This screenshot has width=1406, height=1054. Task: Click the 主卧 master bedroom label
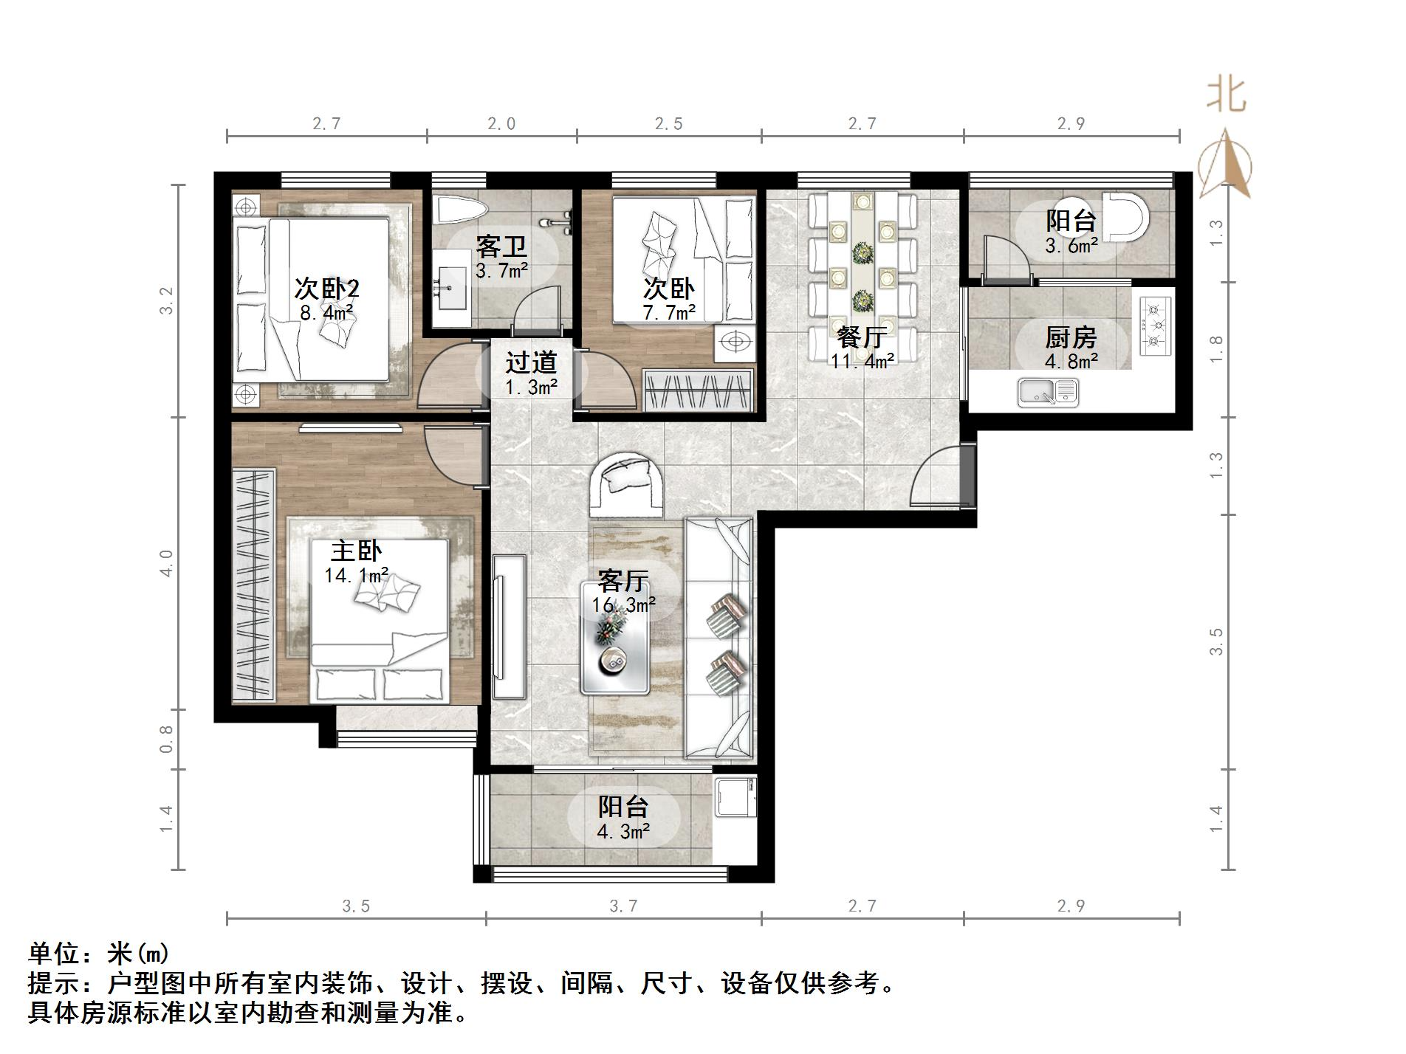click(356, 551)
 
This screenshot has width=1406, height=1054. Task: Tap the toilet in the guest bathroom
click(459, 210)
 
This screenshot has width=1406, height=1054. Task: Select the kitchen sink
click(1048, 392)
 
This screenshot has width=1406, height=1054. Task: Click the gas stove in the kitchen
click(1156, 325)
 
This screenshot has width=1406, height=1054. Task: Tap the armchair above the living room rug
click(626, 485)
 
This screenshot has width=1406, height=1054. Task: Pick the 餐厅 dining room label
click(862, 338)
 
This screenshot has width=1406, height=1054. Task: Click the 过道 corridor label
click(531, 362)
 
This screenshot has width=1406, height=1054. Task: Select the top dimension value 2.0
click(501, 123)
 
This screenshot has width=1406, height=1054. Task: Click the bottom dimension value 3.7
click(623, 906)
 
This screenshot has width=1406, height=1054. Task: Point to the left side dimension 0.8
click(166, 739)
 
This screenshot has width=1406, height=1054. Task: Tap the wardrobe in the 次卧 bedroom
click(699, 390)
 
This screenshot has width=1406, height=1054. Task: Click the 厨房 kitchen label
click(1071, 337)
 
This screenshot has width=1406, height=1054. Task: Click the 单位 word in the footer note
click(53, 954)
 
